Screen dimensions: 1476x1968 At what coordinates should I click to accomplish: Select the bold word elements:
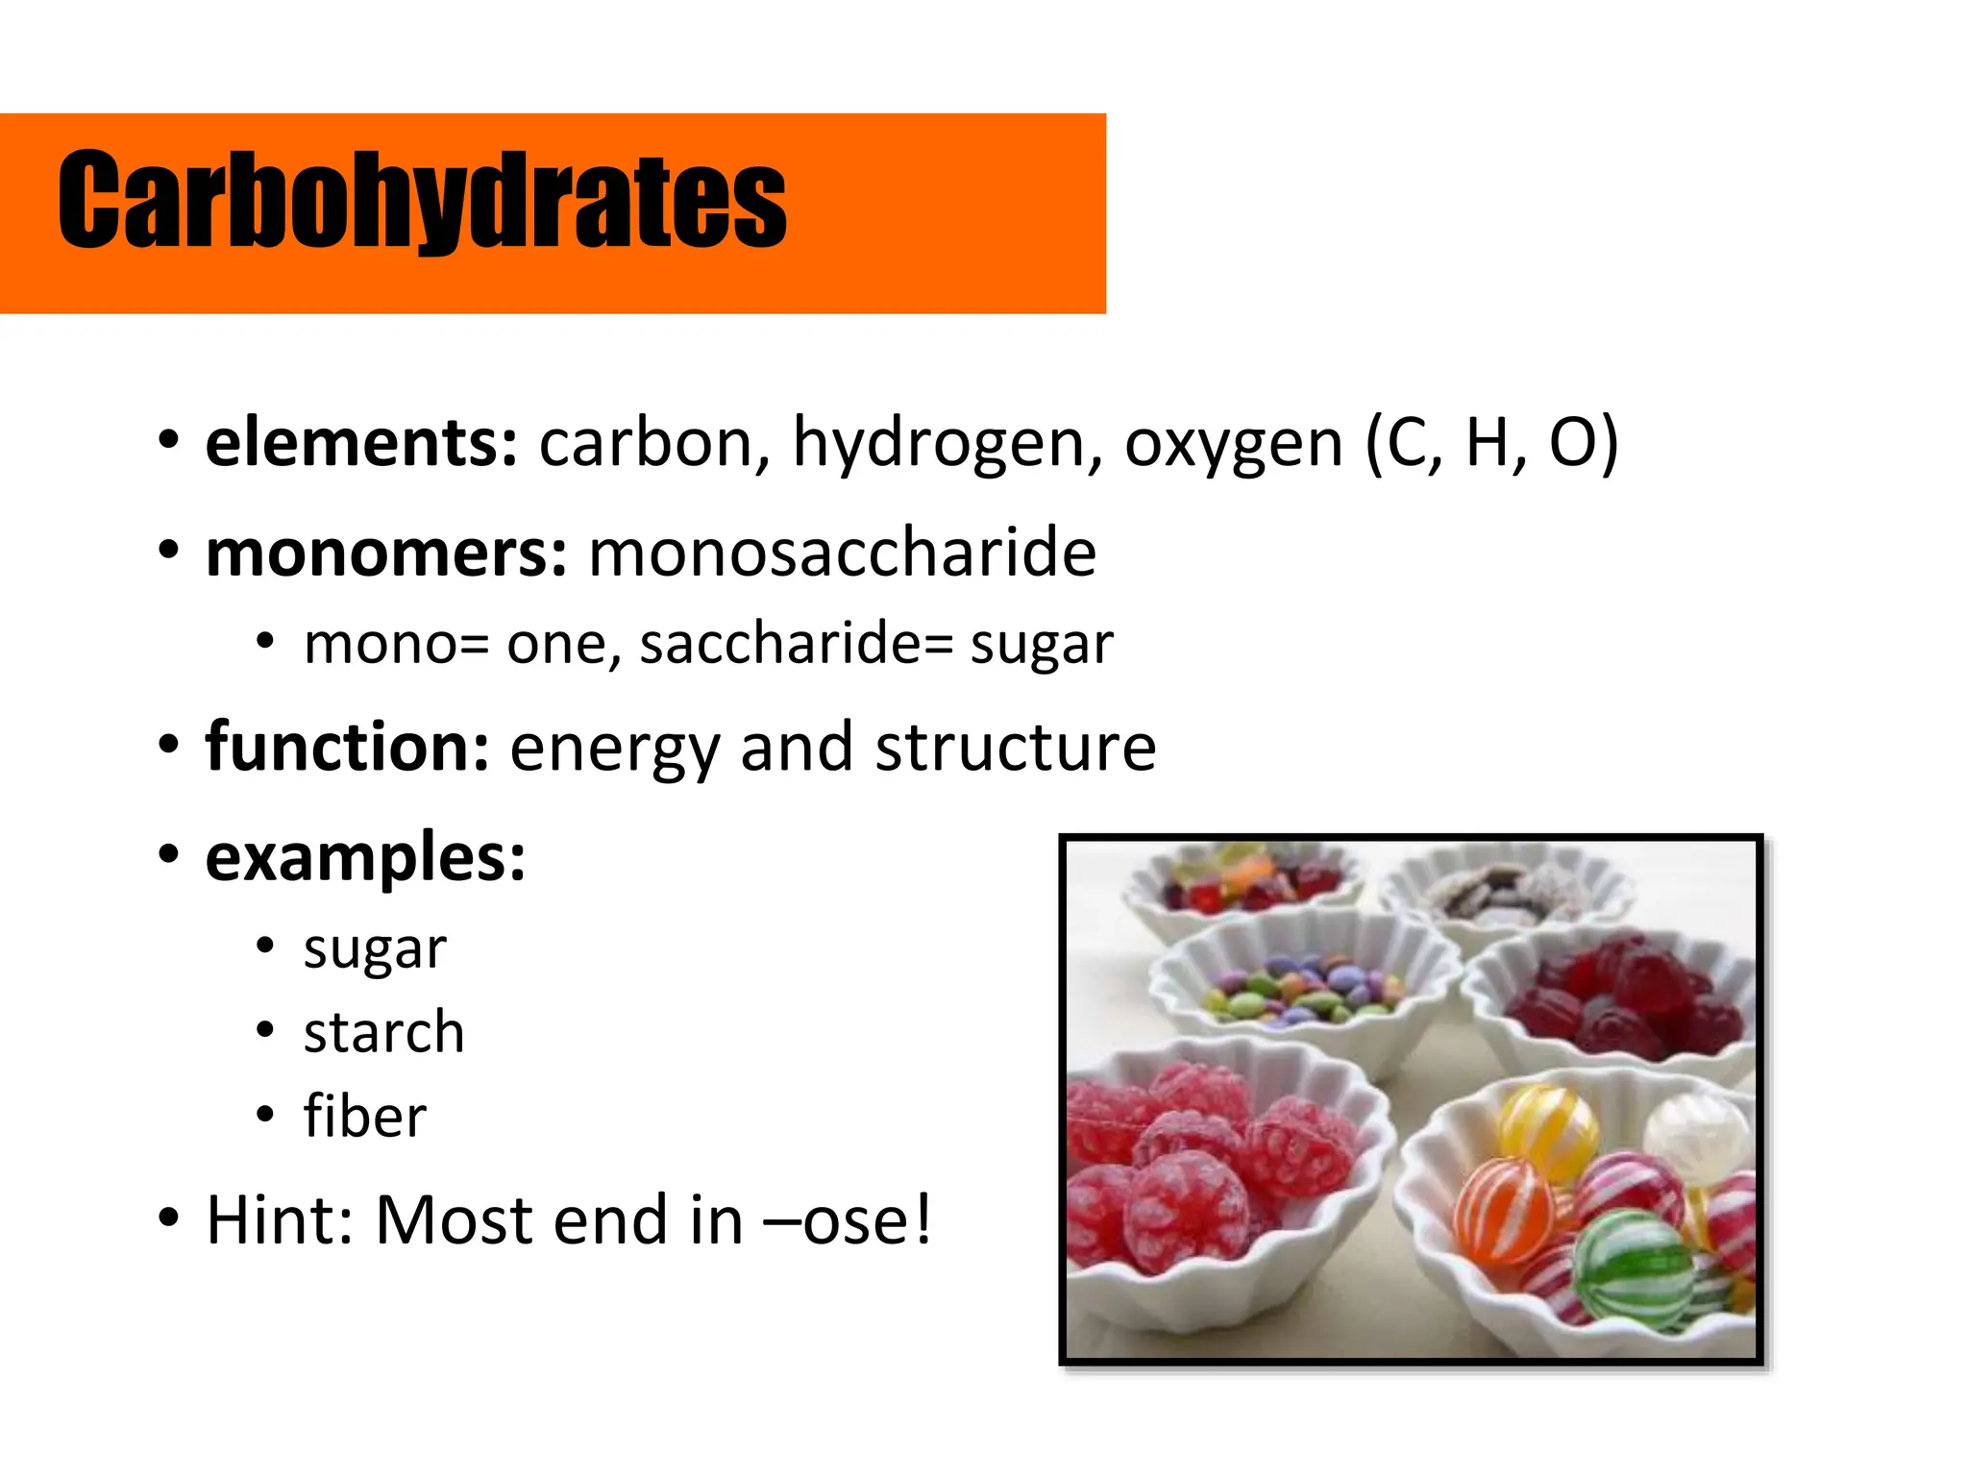(x=361, y=443)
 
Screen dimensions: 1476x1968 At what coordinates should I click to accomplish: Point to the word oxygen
(x=1233, y=445)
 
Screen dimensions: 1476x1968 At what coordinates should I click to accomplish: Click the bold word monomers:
(x=386, y=554)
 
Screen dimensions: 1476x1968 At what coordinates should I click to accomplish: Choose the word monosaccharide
(x=842, y=553)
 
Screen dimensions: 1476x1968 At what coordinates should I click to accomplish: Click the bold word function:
(x=348, y=747)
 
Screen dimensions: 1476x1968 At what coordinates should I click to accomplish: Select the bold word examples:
(x=365, y=857)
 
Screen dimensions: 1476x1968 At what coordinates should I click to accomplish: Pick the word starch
(x=383, y=1033)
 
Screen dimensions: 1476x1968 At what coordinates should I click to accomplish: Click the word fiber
(x=364, y=1117)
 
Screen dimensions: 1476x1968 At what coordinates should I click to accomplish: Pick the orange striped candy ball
(x=1503, y=1209)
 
